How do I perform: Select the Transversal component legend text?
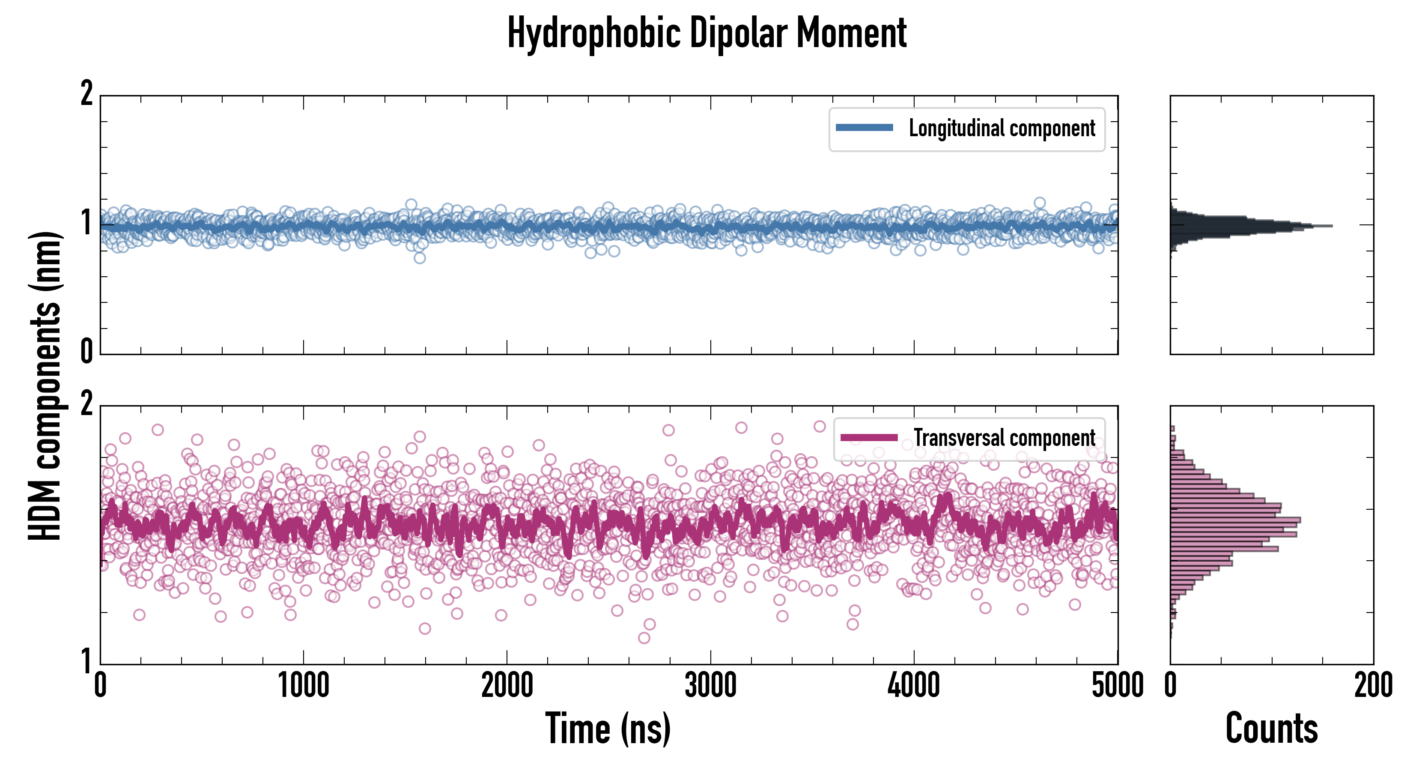pyautogui.click(x=1005, y=438)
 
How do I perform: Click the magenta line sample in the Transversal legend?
pyautogui.click(x=869, y=438)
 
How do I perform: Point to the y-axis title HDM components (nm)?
pyautogui.click(x=45, y=385)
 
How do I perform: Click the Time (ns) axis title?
pyautogui.click(x=608, y=729)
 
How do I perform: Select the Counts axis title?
pyautogui.click(x=1271, y=729)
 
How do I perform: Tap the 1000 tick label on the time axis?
pyautogui.click(x=303, y=686)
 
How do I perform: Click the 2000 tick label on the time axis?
pyautogui.click(x=507, y=686)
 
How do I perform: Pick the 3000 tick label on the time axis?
pyautogui.click(x=710, y=686)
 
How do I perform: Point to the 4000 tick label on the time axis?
pyautogui.click(x=914, y=686)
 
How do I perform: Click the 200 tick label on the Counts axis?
pyautogui.click(x=1373, y=686)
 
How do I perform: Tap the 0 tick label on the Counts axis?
pyautogui.click(x=1171, y=686)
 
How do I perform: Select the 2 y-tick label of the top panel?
pyautogui.click(x=86, y=94)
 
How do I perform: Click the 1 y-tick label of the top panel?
pyautogui.click(x=86, y=223)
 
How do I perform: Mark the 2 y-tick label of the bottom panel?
pyautogui.click(x=86, y=404)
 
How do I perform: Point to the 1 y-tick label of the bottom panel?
pyautogui.click(x=86, y=660)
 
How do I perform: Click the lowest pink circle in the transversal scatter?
pyautogui.click(x=644, y=638)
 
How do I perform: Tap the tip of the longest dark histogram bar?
pyautogui.click(x=1331, y=226)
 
